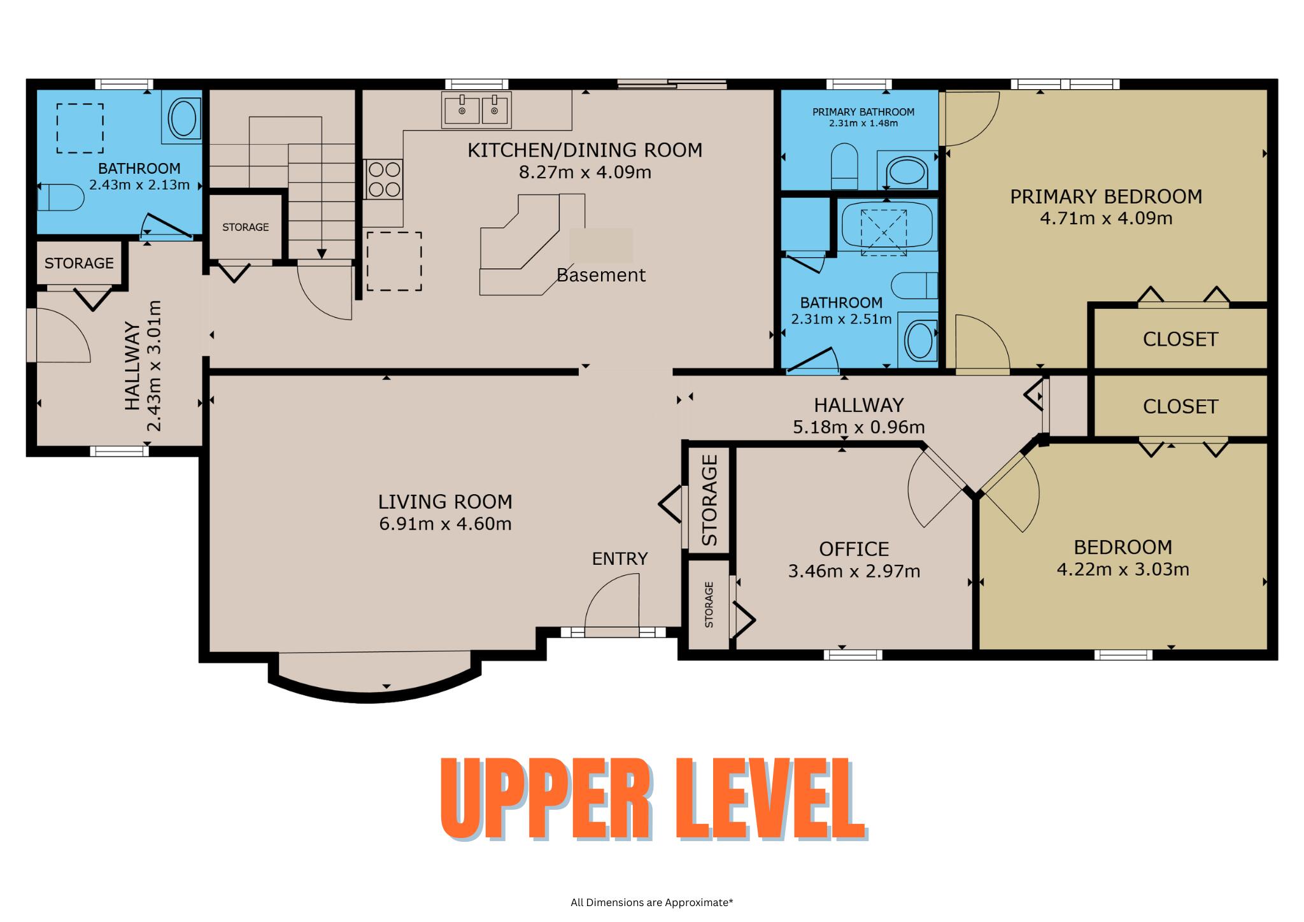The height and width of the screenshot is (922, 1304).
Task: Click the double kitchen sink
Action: pos(476,110)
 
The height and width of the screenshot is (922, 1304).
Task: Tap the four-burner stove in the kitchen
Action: pos(384,179)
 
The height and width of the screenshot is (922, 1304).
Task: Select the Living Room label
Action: pos(445,502)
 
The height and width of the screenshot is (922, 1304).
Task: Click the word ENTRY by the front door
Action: pos(620,558)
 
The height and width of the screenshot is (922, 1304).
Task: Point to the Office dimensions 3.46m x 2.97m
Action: pos(854,571)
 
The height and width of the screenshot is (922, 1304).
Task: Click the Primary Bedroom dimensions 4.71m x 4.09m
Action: pos(1106,218)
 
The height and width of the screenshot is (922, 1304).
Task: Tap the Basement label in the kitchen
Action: pos(601,275)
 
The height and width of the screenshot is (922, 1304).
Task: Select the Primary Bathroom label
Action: pos(863,112)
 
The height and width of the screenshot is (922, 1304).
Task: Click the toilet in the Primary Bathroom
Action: pos(845,167)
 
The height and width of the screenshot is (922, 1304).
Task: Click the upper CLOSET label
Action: pos(1180,339)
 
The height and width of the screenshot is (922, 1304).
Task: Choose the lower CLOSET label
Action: pos(1180,407)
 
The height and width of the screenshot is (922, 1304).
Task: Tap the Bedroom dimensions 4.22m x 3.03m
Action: pos(1123,569)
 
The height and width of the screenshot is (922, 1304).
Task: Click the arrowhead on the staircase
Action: pos(322,253)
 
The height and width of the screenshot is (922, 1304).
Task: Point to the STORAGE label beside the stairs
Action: pos(246,227)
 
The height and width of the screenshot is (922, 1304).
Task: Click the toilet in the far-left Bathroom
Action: pos(60,197)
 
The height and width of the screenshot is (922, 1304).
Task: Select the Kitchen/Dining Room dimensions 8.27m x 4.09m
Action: pos(585,173)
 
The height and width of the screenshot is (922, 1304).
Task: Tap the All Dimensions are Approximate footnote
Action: pos(652,902)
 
